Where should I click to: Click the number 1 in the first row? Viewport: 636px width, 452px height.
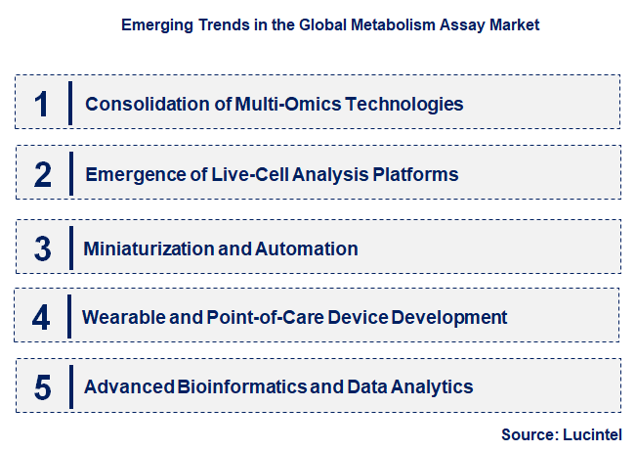[x=41, y=104]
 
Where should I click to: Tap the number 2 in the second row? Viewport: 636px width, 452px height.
[x=42, y=175]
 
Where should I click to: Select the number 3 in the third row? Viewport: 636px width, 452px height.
[x=42, y=249]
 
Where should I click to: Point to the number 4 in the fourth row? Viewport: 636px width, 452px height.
[x=41, y=317]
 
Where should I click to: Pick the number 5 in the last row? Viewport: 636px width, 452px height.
[x=42, y=387]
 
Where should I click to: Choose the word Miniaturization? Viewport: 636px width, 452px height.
[x=148, y=249]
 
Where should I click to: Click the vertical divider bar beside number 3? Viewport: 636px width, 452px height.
[x=71, y=247]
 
